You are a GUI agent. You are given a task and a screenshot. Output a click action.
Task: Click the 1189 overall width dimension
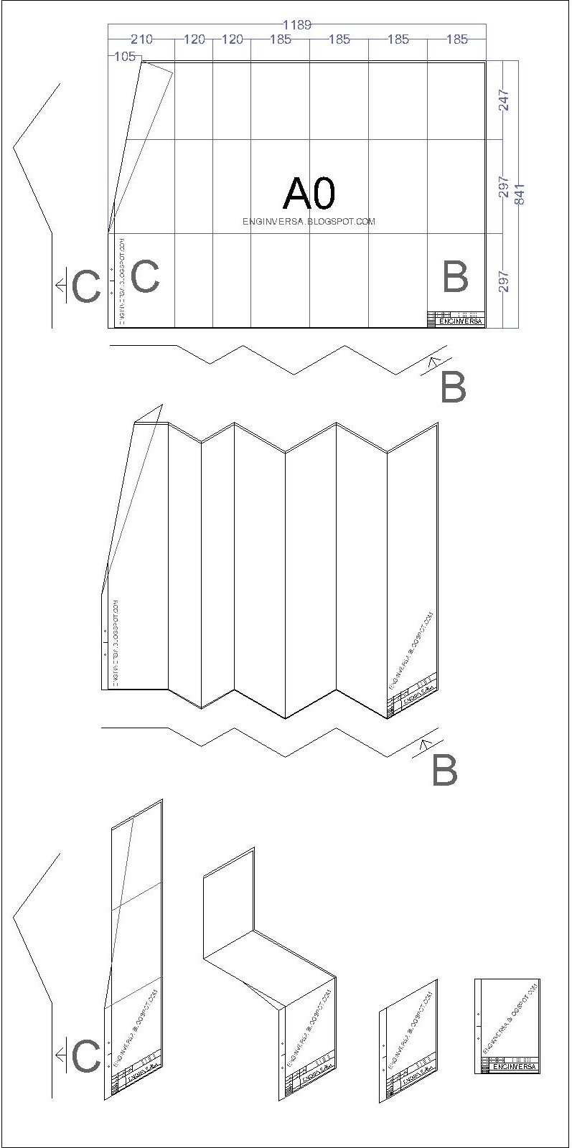pos(296,24)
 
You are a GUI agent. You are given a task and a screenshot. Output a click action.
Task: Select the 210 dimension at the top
pos(141,39)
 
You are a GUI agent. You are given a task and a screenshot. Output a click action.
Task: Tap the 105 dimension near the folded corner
pos(124,57)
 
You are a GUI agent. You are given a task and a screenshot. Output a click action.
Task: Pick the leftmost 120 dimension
pos(194,39)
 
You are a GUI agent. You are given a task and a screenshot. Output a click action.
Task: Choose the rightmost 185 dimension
pos(456,39)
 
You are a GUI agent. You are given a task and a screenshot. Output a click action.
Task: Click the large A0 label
pos(309,192)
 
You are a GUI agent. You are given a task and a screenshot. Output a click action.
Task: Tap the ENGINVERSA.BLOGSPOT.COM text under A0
pos(309,222)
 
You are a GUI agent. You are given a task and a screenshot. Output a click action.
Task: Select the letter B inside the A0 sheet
pos(455,277)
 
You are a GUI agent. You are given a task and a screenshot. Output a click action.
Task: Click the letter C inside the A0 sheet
pos(145,276)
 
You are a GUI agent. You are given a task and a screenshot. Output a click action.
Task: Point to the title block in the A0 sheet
pos(456,319)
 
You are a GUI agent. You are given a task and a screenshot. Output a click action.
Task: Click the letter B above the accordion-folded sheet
pos(453,388)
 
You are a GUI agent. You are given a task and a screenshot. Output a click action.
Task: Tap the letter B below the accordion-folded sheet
pos(444,771)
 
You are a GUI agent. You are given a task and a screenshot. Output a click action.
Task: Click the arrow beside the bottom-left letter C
pos(61,1055)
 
